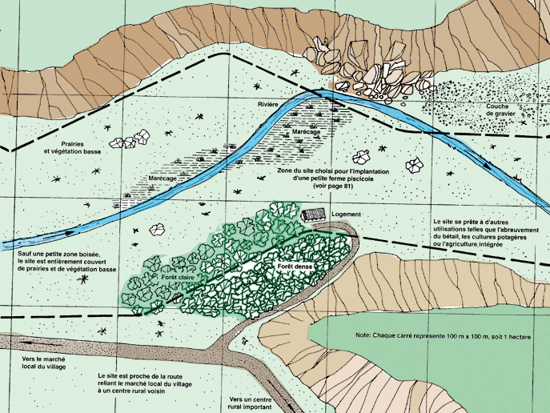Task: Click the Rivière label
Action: (x=268, y=105)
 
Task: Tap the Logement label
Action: (x=346, y=215)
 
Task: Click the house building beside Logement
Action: (x=314, y=215)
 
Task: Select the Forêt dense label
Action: (x=295, y=267)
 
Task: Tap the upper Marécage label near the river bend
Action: (x=306, y=132)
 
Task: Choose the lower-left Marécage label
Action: (x=162, y=178)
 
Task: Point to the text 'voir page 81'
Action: (x=333, y=186)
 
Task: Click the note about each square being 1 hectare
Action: (x=443, y=336)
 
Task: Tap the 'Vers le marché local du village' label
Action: (x=43, y=363)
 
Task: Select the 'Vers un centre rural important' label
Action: (x=250, y=403)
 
